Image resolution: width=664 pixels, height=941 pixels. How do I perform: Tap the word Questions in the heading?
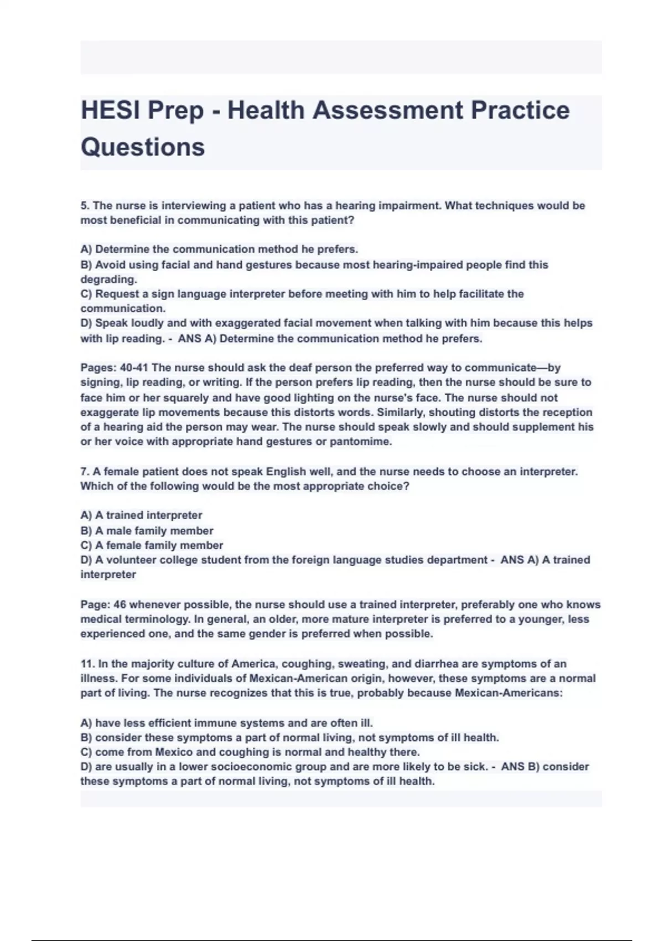click(143, 147)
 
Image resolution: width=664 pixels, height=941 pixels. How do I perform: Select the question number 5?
click(85, 206)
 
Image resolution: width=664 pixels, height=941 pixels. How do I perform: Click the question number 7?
click(85, 472)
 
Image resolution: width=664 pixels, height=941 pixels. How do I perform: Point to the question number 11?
click(87, 664)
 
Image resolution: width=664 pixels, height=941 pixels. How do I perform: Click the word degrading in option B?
click(107, 280)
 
